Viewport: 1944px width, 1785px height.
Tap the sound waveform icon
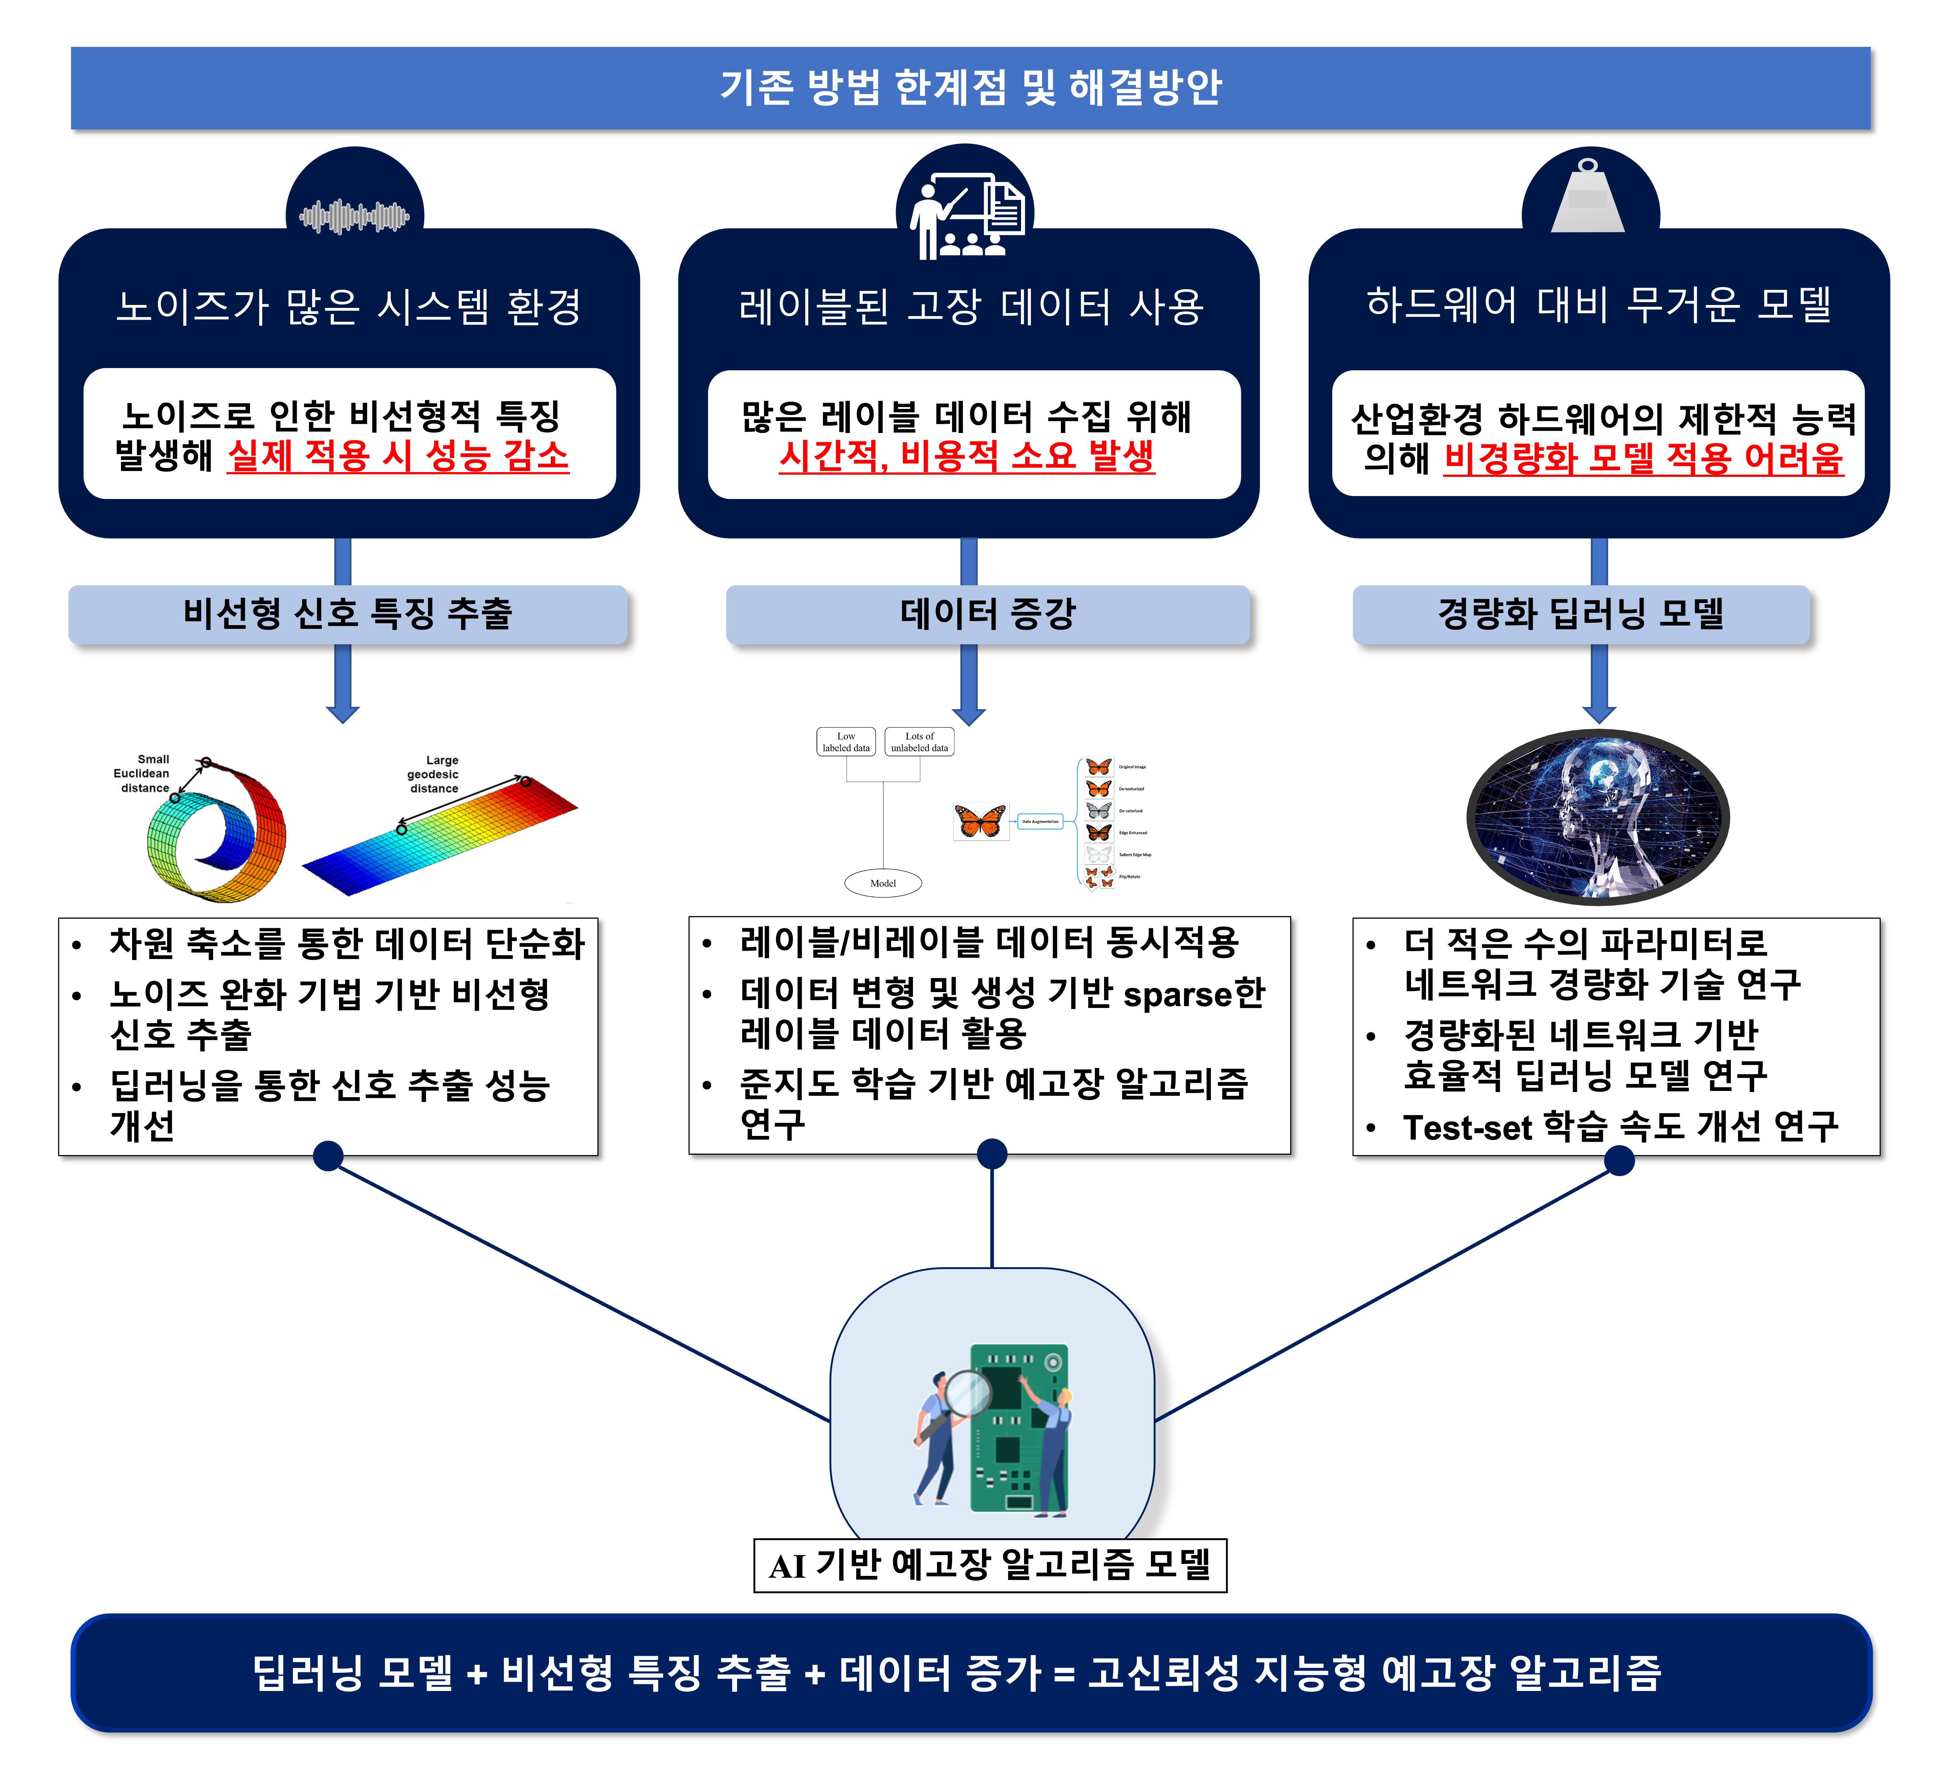click(354, 216)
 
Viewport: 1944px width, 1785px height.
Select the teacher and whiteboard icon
click(964, 214)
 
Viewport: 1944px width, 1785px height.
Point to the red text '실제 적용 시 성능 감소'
click(398, 456)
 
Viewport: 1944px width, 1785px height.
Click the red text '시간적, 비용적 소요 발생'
click(966, 456)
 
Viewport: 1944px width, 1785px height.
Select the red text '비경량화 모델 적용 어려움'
click(1643, 459)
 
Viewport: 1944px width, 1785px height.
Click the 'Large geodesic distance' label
click(434, 774)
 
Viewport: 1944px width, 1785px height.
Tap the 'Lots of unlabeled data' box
click(919, 742)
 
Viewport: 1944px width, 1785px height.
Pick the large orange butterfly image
click(981, 821)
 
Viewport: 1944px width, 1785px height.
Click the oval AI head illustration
click(1598, 816)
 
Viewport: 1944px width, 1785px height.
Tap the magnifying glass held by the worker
click(965, 1394)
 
